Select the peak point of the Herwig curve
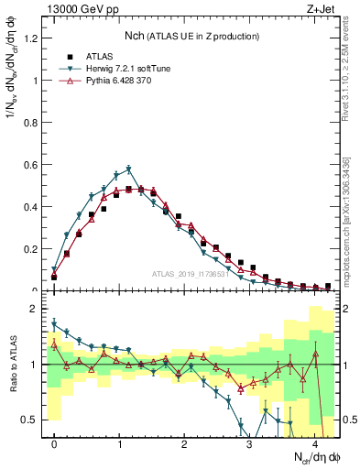pyautogui.click(x=129, y=169)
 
